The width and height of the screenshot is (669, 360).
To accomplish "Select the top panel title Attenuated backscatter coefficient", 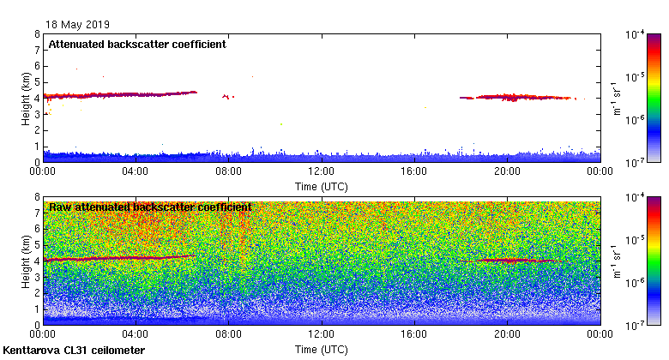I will coord(137,45).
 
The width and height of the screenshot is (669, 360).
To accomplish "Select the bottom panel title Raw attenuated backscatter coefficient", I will coord(150,207).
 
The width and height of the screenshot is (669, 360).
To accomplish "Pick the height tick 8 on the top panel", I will coord(37,35).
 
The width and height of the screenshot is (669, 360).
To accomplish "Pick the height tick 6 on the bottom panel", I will coord(37,229).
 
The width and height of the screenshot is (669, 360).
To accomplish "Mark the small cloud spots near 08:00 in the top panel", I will coord(227,97).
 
